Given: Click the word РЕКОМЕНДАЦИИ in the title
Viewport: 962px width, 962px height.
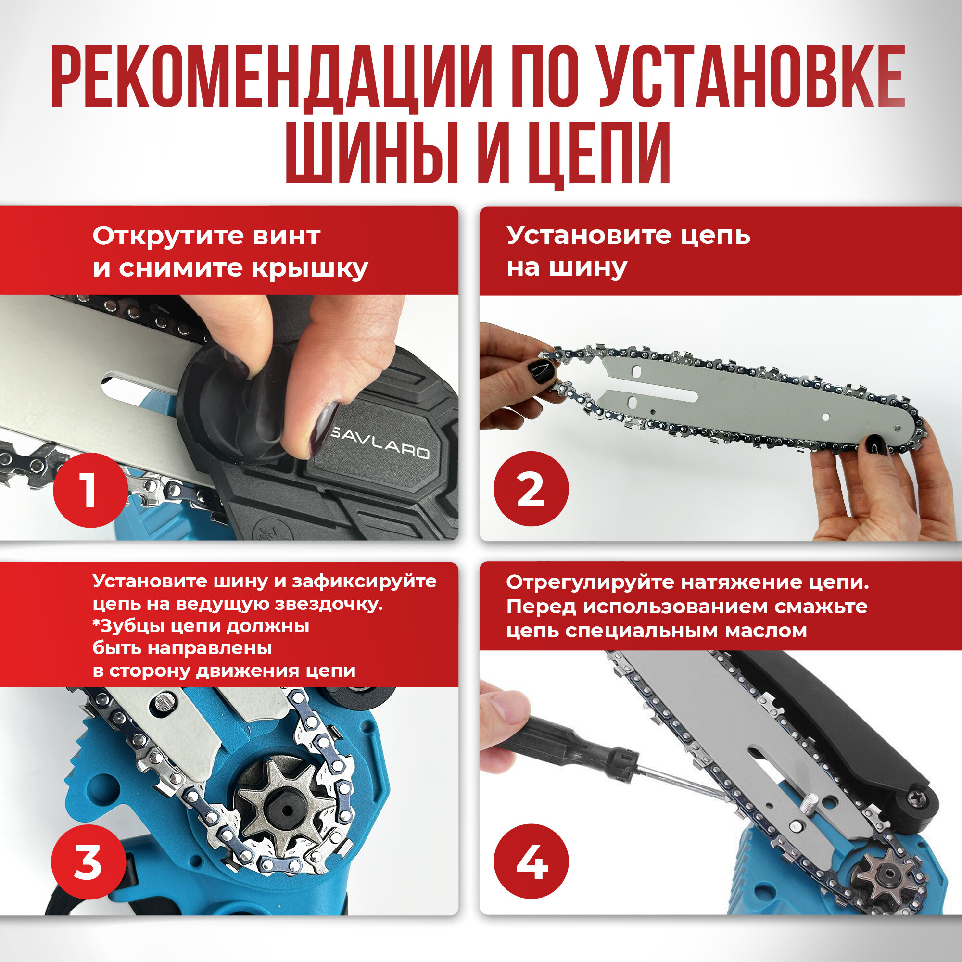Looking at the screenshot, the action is [x=271, y=76].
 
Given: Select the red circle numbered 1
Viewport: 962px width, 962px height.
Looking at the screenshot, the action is [x=90, y=491].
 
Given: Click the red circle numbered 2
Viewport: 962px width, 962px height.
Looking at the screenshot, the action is [x=531, y=489].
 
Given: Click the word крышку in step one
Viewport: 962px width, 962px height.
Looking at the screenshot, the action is [x=310, y=269].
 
